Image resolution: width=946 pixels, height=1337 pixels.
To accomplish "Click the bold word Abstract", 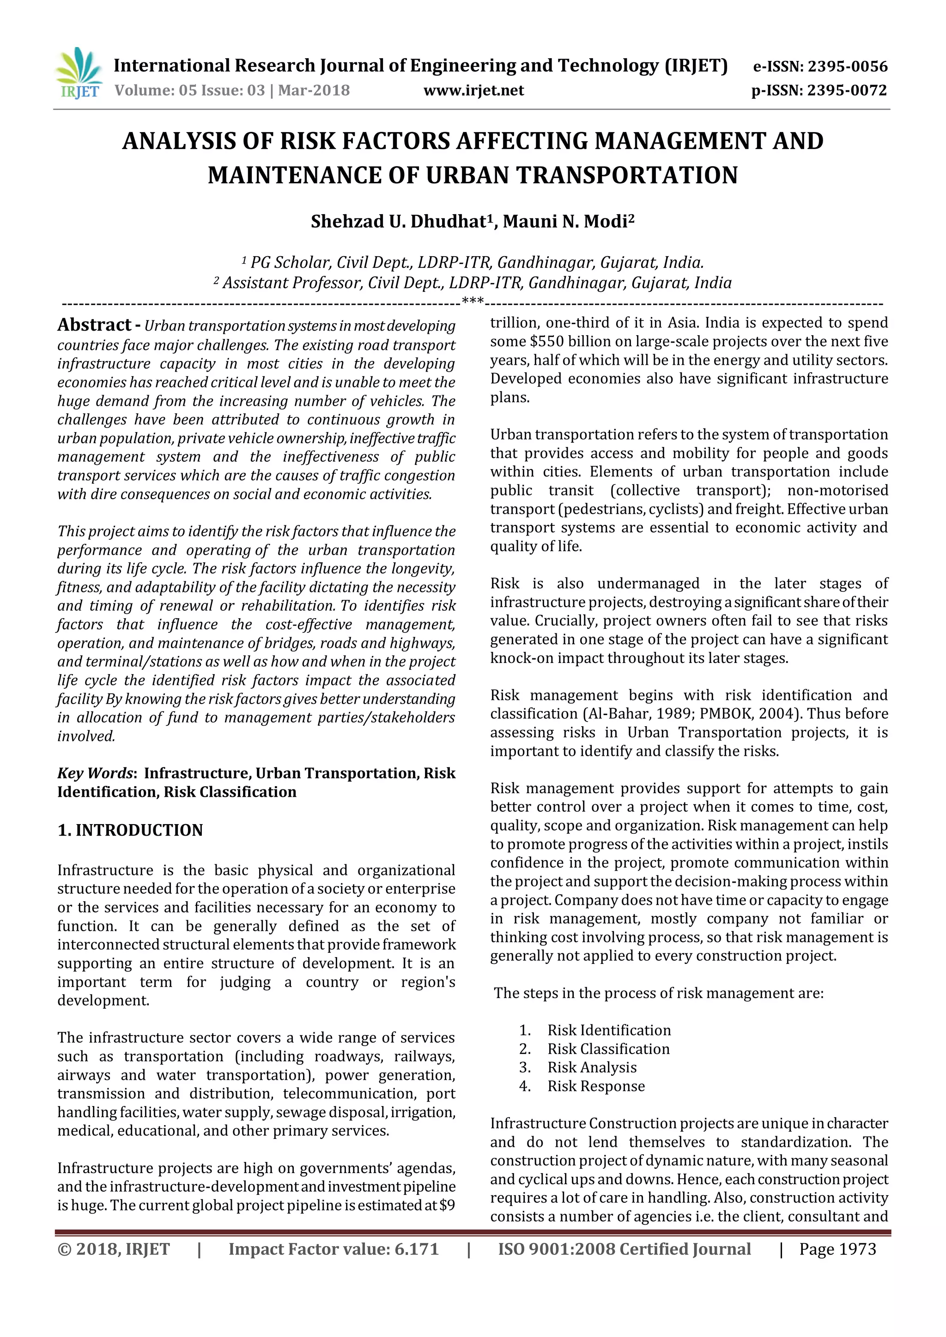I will [94, 325].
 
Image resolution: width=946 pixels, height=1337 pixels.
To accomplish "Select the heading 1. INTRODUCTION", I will [130, 831].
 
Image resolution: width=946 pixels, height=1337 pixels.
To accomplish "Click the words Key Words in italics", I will [95, 773].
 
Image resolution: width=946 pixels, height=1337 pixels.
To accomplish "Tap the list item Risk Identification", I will [609, 1030].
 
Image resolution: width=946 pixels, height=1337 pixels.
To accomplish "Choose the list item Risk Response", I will [596, 1086].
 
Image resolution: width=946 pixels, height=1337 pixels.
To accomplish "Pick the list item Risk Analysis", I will [592, 1067].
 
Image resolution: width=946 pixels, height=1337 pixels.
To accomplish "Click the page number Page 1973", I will [837, 1249].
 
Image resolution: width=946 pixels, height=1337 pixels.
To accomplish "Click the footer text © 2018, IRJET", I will [114, 1249].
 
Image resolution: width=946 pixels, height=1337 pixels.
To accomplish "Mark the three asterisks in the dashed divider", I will [473, 301].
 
